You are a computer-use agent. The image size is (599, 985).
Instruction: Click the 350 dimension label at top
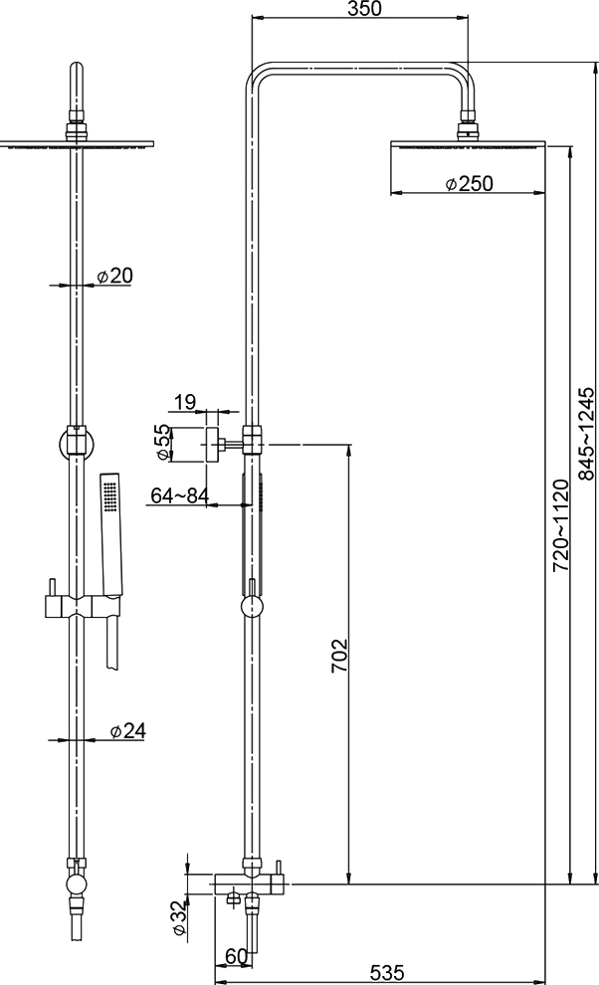tap(363, 8)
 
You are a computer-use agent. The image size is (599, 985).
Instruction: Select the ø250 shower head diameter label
tap(469, 183)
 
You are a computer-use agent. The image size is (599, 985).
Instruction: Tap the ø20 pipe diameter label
tap(114, 276)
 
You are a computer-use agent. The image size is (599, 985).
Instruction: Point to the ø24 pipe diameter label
tap(127, 730)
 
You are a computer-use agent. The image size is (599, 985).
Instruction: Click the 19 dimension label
tap(185, 401)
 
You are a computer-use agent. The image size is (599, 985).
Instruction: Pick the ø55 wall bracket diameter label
tap(162, 443)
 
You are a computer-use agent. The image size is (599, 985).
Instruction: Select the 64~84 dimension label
tap(180, 495)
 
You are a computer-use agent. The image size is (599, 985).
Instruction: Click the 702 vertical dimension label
tap(338, 656)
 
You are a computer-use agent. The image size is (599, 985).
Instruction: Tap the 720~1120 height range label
tap(560, 525)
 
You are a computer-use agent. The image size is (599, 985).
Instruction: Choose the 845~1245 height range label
tap(586, 434)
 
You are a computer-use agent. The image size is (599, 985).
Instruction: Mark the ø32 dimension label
tap(178, 918)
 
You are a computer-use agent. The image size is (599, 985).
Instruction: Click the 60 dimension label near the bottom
tap(236, 956)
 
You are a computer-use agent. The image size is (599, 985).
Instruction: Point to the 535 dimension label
tap(386, 973)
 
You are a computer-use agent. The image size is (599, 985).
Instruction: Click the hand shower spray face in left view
tap(111, 496)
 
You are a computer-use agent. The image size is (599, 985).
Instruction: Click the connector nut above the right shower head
tap(469, 122)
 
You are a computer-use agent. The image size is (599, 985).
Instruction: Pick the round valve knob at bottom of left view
tap(76, 887)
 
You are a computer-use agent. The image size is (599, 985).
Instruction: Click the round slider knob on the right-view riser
tap(252, 608)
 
